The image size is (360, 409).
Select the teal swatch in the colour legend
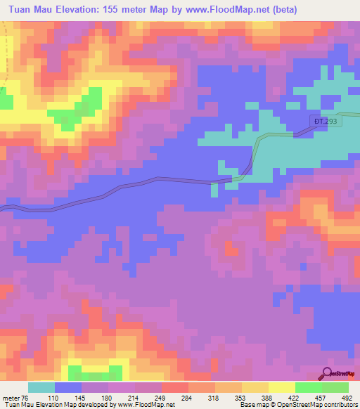coord(41,388)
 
